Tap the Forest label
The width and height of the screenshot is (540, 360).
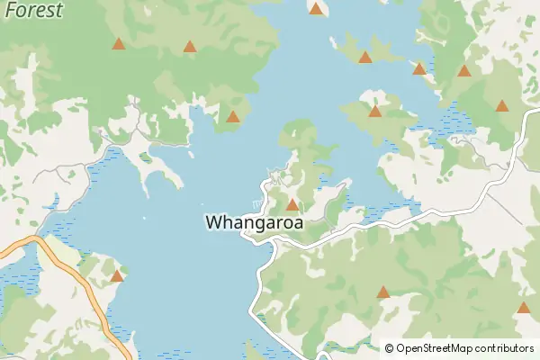click(x=32, y=10)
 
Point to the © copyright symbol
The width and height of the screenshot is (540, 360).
click(x=389, y=348)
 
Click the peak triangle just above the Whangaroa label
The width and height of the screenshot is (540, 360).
click(x=292, y=204)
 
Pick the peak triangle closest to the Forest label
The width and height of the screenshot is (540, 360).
click(x=119, y=43)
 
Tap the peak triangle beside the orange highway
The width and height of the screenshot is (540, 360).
click(x=117, y=275)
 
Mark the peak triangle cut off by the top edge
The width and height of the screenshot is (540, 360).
click(x=316, y=8)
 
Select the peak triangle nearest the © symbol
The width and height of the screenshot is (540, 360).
click(x=383, y=292)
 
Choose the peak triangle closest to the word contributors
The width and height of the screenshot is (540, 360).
click(x=524, y=308)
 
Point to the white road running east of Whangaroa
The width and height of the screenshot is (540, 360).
click(x=405, y=219)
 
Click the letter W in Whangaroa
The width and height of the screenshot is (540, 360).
click(x=215, y=221)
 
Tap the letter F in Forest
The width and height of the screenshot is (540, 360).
click(x=9, y=10)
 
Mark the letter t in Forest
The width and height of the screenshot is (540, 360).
click(x=58, y=10)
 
